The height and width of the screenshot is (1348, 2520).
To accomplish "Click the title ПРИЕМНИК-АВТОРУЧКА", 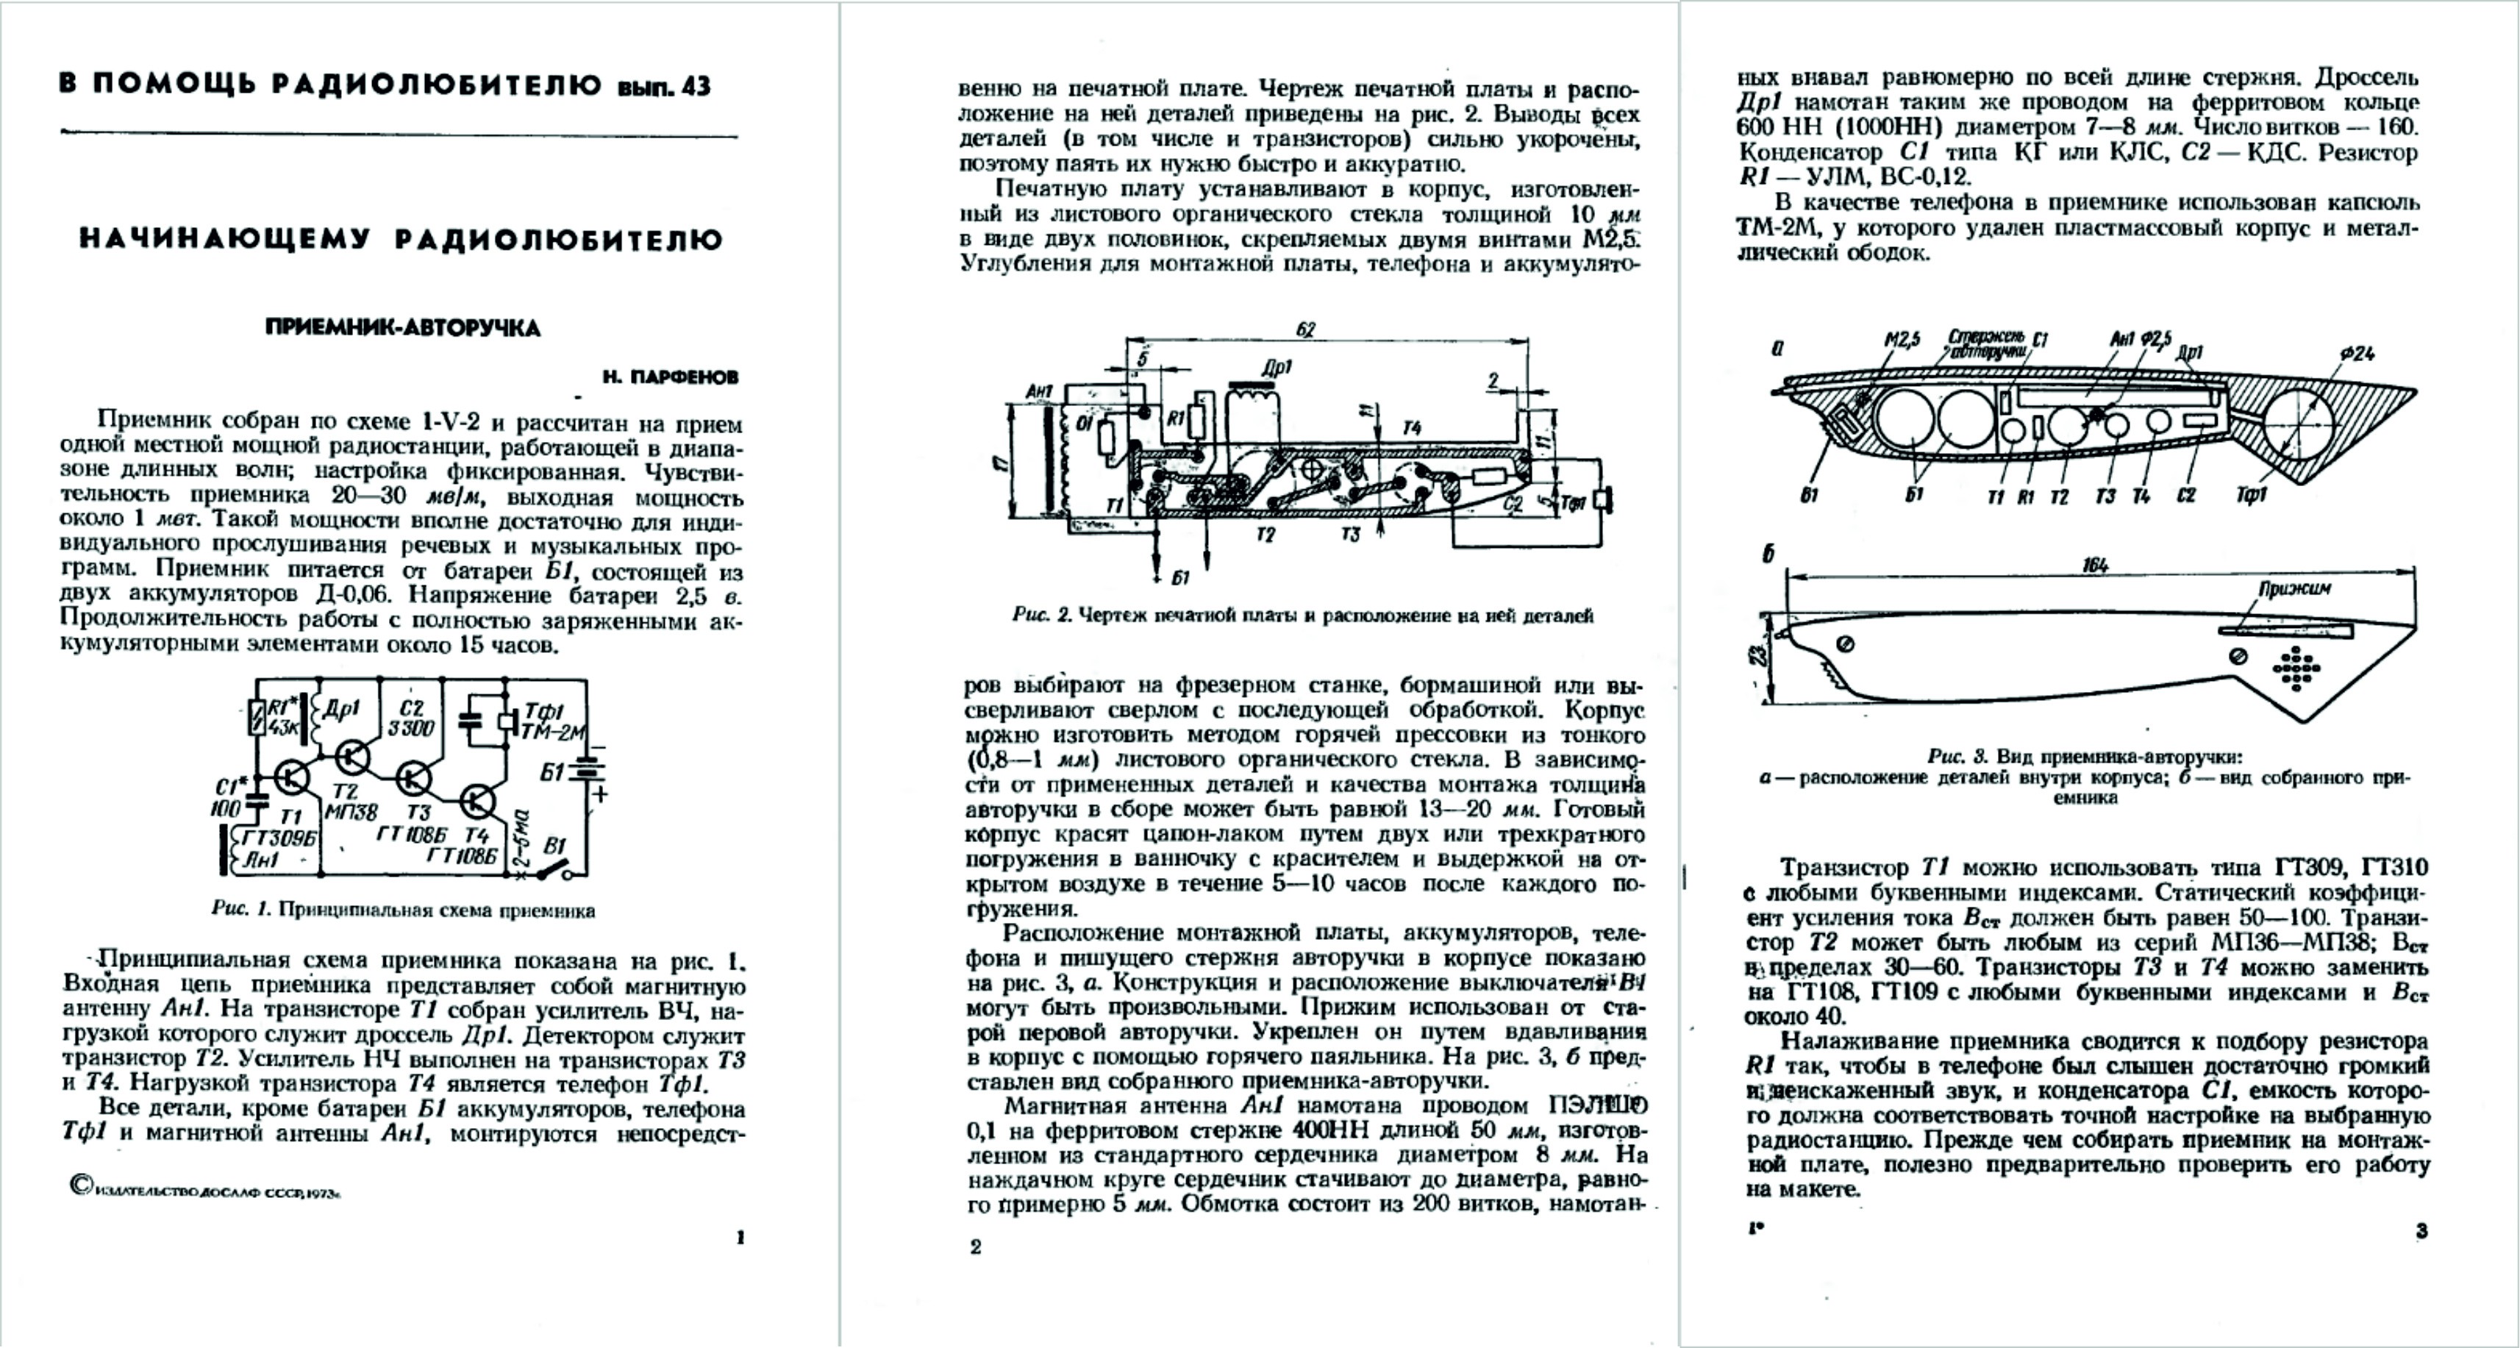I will [402, 328].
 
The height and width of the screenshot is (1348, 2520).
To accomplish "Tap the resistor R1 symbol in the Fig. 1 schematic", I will [257, 718].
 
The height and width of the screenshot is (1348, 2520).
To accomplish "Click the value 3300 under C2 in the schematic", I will [411, 729].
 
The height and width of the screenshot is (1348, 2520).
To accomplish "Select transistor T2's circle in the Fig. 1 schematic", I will [351, 756].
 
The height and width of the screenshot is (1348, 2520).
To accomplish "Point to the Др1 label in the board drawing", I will [1276, 368].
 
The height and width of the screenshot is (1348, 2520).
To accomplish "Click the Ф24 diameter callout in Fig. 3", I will [2357, 354].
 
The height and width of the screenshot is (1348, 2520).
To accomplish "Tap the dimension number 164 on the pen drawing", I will [2094, 566].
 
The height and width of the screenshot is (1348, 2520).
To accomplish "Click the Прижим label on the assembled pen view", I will [2294, 589].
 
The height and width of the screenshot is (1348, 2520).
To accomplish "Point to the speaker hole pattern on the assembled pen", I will [2295, 669].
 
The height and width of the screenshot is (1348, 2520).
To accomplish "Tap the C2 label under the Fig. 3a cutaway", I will [2185, 496].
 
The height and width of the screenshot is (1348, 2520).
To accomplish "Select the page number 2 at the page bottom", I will [974, 1247].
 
